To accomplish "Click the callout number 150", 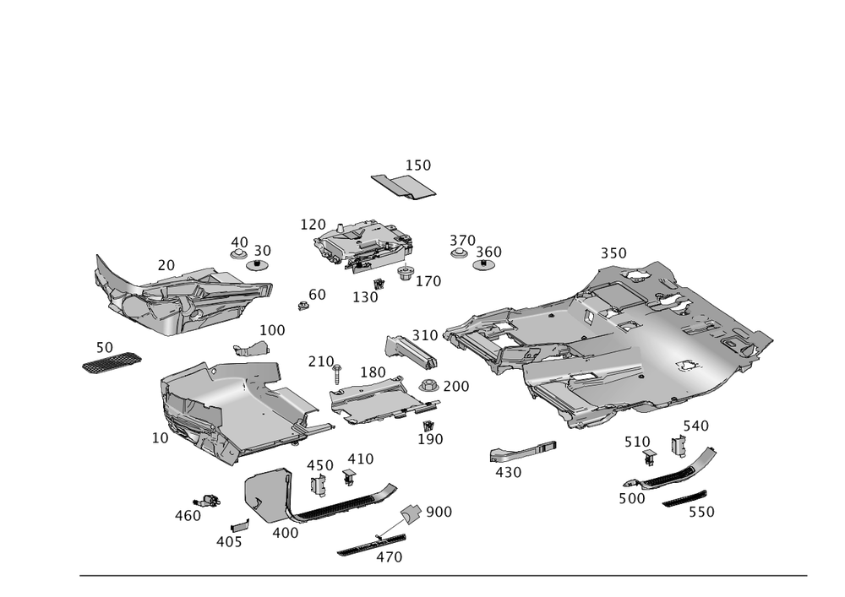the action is point(419,166).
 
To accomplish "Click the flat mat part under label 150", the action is point(403,186).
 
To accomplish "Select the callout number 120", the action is point(313,224).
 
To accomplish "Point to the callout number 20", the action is point(166,264).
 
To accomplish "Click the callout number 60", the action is point(317,294).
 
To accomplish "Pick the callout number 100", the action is point(272,329).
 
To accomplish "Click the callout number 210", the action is point(321,361).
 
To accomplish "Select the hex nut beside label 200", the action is point(428,387).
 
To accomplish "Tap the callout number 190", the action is point(430,439).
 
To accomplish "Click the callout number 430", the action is point(508,473).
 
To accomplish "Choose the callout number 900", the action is point(439,511).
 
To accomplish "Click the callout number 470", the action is point(389,557).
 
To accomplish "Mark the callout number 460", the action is point(188,515).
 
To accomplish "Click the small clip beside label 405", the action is point(241,526).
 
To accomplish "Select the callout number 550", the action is point(701,512).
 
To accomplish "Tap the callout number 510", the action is point(635,442).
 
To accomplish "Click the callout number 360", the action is point(488,252).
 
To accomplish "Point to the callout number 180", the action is point(373,372).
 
